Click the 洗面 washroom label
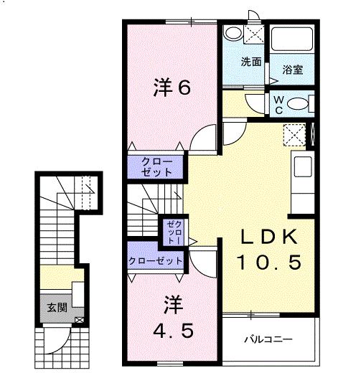[250, 62]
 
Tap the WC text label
[277, 105]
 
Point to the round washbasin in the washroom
[232, 33]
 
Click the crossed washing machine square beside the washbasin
[252, 33]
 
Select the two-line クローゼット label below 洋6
[156, 166]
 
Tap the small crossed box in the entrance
[78, 319]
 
